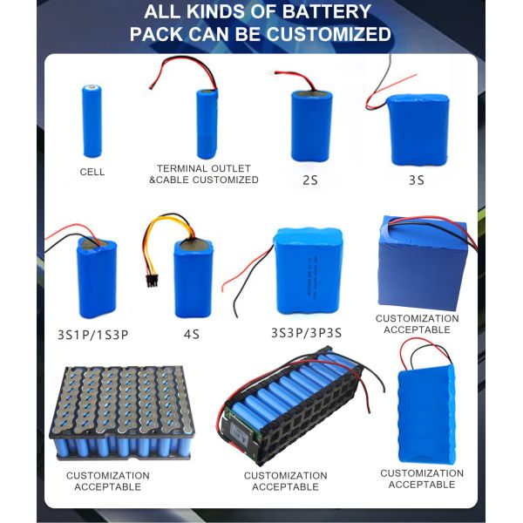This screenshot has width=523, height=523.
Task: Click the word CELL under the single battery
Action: click(92, 172)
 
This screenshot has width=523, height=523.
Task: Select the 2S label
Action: click(310, 180)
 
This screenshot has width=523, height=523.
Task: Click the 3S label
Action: click(416, 180)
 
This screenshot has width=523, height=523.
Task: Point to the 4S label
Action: click(192, 332)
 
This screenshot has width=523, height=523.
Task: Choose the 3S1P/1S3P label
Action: click(92, 333)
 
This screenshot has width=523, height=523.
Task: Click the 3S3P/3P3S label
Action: click(306, 332)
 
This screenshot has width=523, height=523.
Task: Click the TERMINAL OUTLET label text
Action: click(203, 168)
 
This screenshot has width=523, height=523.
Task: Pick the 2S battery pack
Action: click(310, 126)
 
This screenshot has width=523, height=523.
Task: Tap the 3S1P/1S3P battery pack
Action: click(96, 277)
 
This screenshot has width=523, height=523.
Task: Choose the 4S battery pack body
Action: click(192, 278)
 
